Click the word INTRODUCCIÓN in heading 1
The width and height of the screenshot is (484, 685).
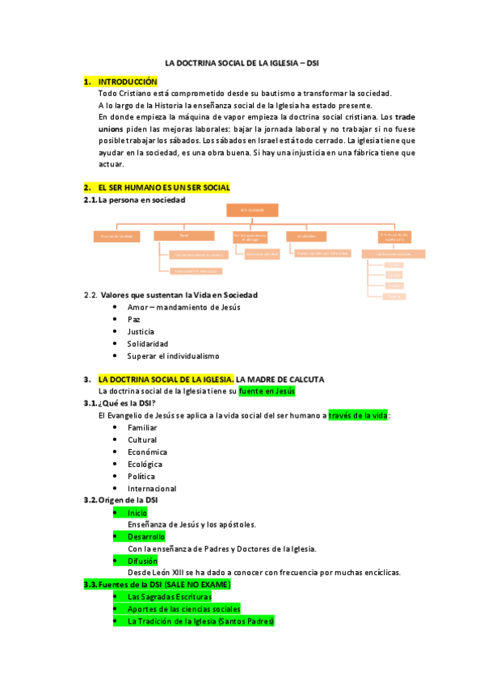pyautogui.click(x=128, y=82)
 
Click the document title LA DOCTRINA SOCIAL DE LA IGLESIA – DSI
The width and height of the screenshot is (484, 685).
pyautogui.click(x=243, y=62)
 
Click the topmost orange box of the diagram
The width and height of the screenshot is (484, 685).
pyautogui.click(x=251, y=210)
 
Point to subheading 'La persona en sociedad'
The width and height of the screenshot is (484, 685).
pyautogui.click(x=141, y=200)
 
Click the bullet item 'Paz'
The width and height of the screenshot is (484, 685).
pyautogui.click(x=134, y=319)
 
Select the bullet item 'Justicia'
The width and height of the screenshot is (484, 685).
pyautogui.click(x=141, y=331)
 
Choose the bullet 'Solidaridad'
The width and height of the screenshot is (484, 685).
pyautogui.click(x=147, y=343)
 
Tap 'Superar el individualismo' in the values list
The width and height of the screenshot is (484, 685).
pyautogui.click(x=173, y=355)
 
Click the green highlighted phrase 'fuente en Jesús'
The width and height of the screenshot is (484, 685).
pyautogui.click(x=267, y=391)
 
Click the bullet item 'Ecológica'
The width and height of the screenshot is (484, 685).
pyautogui.click(x=145, y=464)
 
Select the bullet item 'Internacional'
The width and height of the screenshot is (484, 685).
pyautogui.click(x=152, y=488)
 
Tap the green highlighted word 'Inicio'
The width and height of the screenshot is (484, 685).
pyautogui.click(x=137, y=512)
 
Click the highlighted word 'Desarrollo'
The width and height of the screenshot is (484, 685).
pyautogui.click(x=146, y=536)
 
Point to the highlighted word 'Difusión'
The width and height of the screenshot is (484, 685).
pyautogui.click(x=142, y=561)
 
